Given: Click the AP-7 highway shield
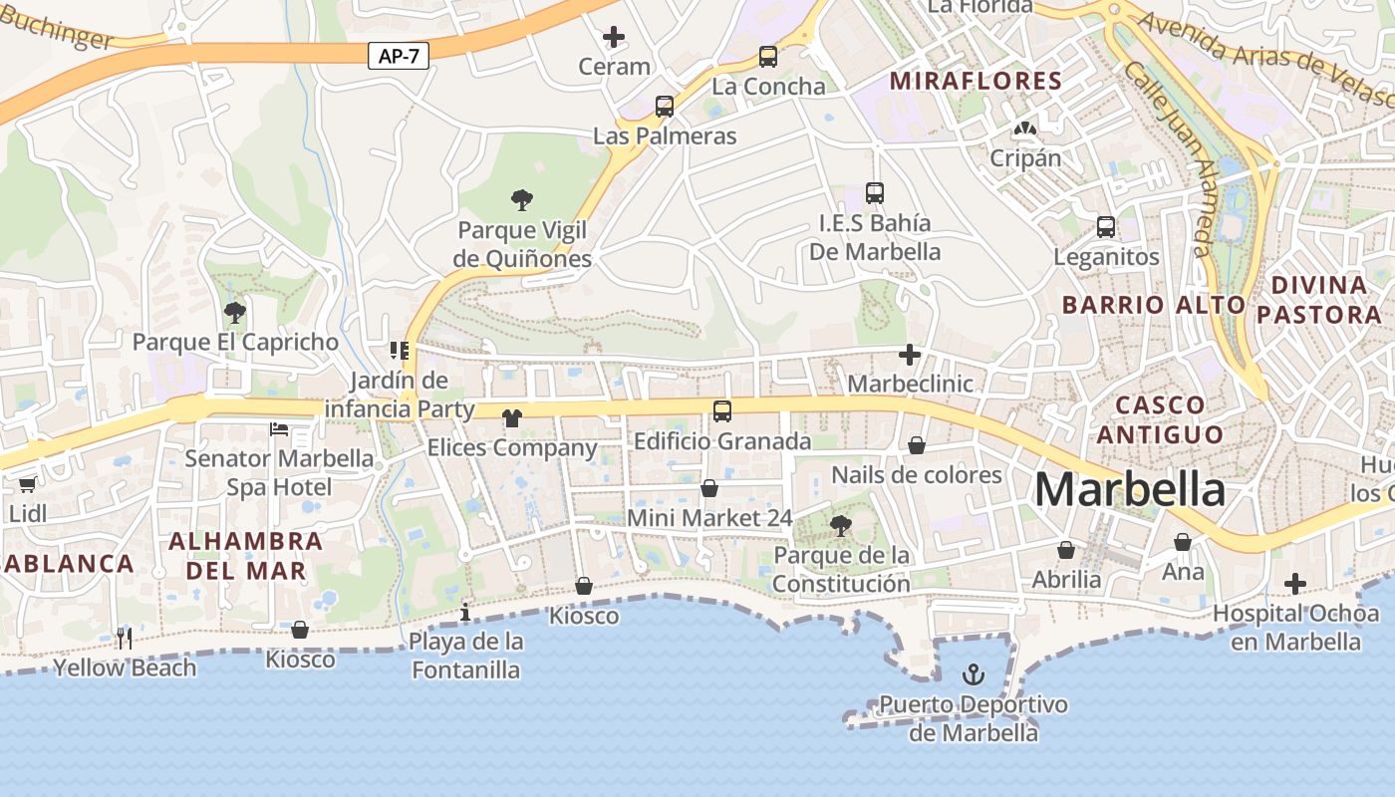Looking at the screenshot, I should [399, 56].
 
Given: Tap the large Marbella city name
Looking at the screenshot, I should [1130, 490].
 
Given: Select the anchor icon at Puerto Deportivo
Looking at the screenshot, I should [973, 675].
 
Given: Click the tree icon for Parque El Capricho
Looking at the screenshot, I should [235, 314].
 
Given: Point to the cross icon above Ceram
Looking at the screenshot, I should [614, 38].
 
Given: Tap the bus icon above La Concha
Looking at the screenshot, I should [767, 57].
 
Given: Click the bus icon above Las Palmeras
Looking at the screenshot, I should [664, 107].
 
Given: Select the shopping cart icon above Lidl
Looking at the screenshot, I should [27, 484].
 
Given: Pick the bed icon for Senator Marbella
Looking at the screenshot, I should [279, 429].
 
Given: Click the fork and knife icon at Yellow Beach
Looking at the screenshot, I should [125, 638].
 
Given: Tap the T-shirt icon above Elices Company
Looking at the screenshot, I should [512, 418].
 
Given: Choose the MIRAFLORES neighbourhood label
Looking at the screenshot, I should [976, 81].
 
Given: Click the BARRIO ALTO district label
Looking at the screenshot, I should [1153, 305].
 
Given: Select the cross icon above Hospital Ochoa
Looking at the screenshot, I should [1294, 584].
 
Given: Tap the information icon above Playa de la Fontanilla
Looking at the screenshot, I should [464, 612].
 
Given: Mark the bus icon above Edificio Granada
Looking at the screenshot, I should [722, 410].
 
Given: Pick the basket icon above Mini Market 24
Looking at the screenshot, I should [709, 488].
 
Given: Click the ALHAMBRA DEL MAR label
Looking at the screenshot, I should [246, 556].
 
